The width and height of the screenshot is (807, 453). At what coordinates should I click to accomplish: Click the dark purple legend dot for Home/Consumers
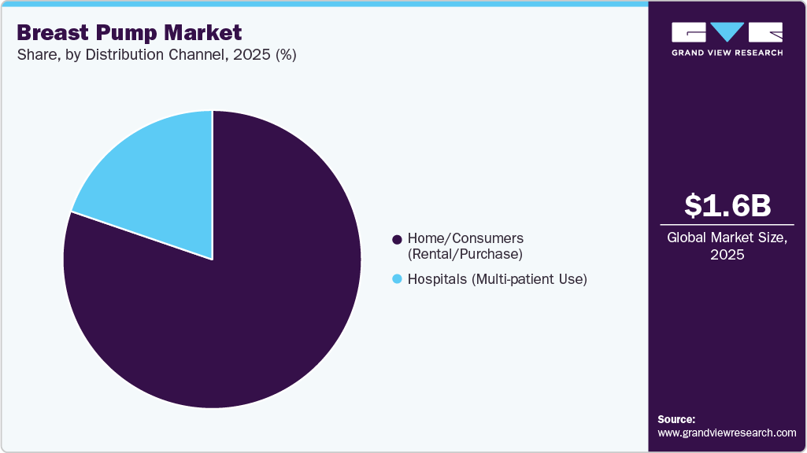tap(397, 238)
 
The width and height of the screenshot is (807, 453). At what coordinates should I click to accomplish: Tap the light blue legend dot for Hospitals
tap(397, 279)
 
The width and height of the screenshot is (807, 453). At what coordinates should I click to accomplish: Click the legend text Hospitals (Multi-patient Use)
tap(497, 279)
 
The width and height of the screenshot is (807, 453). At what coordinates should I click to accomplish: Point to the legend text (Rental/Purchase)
tap(465, 254)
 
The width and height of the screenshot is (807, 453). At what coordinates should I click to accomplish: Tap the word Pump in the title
tap(131, 33)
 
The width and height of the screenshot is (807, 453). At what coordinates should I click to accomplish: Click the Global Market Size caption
tap(727, 238)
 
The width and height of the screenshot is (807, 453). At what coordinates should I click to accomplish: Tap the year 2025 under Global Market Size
tap(727, 255)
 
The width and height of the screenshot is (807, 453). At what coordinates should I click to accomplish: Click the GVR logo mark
tap(727, 31)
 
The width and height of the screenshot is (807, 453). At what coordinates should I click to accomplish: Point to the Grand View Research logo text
tap(727, 53)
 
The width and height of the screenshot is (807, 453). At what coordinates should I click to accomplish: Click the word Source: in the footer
tap(676, 419)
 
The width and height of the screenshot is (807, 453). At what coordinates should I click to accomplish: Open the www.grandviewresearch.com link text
tap(727, 433)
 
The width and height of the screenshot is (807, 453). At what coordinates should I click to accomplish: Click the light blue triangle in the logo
tap(727, 31)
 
